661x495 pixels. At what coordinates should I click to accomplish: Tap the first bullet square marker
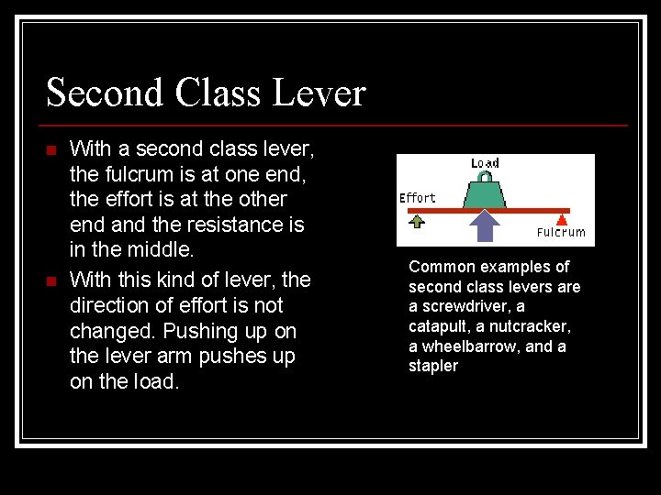click(x=51, y=149)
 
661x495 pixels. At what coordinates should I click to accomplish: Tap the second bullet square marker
click(x=51, y=280)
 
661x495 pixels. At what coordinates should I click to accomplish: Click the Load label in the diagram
click(x=485, y=163)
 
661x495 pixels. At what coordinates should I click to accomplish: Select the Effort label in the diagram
click(x=418, y=198)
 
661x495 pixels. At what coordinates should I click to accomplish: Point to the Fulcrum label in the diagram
click(x=561, y=233)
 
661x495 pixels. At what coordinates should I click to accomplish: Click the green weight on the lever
click(x=485, y=193)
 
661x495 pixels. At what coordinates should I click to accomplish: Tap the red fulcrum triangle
click(x=562, y=219)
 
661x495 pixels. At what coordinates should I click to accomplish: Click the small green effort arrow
click(x=417, y=221)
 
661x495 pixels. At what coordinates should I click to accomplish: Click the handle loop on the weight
click(x=485, y=175)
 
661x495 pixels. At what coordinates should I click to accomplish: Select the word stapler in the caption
click(x=432, y=367)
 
